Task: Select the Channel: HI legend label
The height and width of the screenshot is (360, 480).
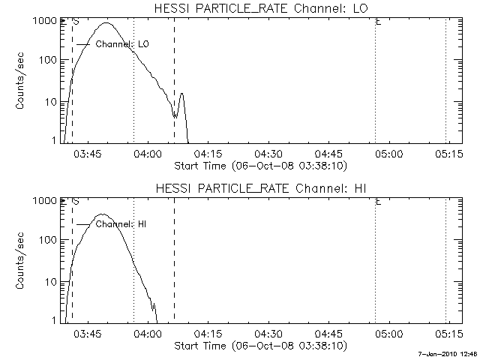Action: tap(121, 223)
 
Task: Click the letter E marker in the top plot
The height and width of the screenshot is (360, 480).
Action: tap(378, 22)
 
